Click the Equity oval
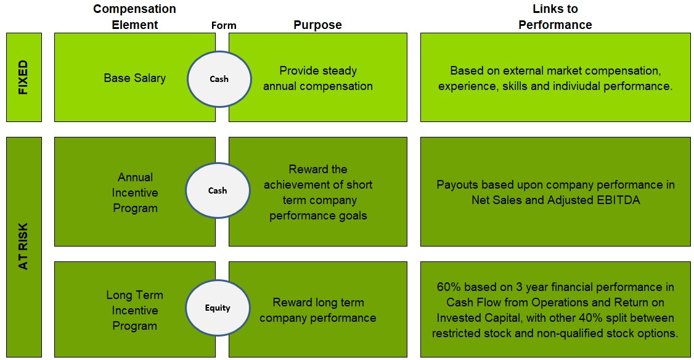(218, 308)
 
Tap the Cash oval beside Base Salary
(219, 79)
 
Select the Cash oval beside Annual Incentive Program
(218, 190)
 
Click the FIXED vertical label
(23, 77)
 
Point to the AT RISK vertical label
(23, 246)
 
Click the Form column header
(224, 26)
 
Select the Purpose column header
(318, 25)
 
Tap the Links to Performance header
(555, 17)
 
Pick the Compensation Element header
(134, 17)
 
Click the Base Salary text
(134, 78)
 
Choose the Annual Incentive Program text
(135, 192)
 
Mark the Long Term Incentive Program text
(134, 311)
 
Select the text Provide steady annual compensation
(318, 78)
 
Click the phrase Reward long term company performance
(318, 310)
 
